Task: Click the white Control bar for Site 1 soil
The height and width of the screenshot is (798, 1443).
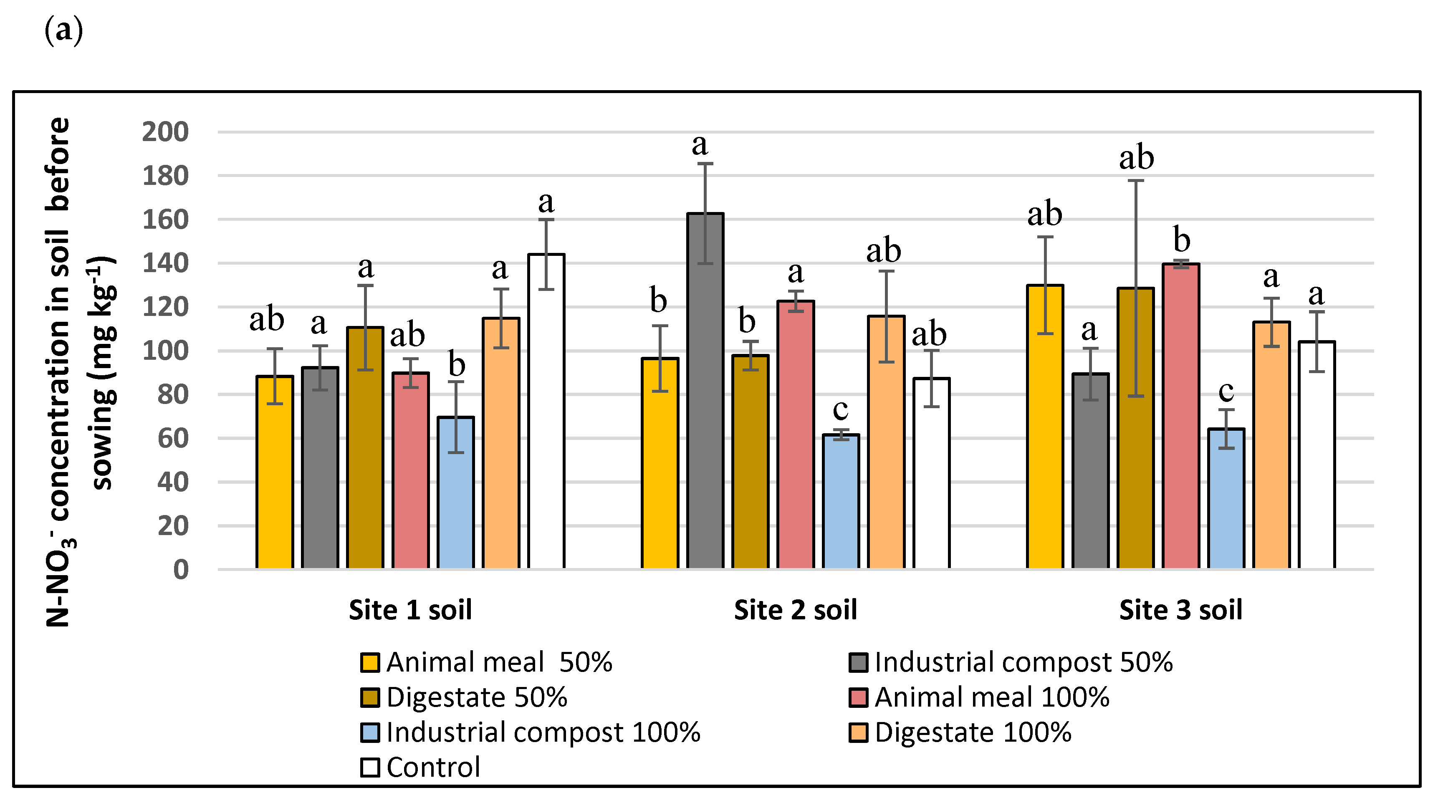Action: pos(546,412)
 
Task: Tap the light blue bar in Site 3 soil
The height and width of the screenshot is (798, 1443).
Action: pos(1226,498)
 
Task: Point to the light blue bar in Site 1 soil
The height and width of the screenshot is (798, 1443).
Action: pos(456,493)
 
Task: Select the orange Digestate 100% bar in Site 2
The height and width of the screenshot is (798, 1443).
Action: pos(886,442)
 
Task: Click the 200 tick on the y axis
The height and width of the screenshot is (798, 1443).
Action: pos(165,132)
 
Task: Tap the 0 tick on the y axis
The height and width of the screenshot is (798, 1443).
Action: pos(180,570)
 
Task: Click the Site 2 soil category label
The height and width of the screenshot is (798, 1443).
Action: pos(796,610)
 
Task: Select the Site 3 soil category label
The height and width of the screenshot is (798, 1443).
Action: pos(1180,610)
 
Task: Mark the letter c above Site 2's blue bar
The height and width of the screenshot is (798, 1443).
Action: pos(840,409)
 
